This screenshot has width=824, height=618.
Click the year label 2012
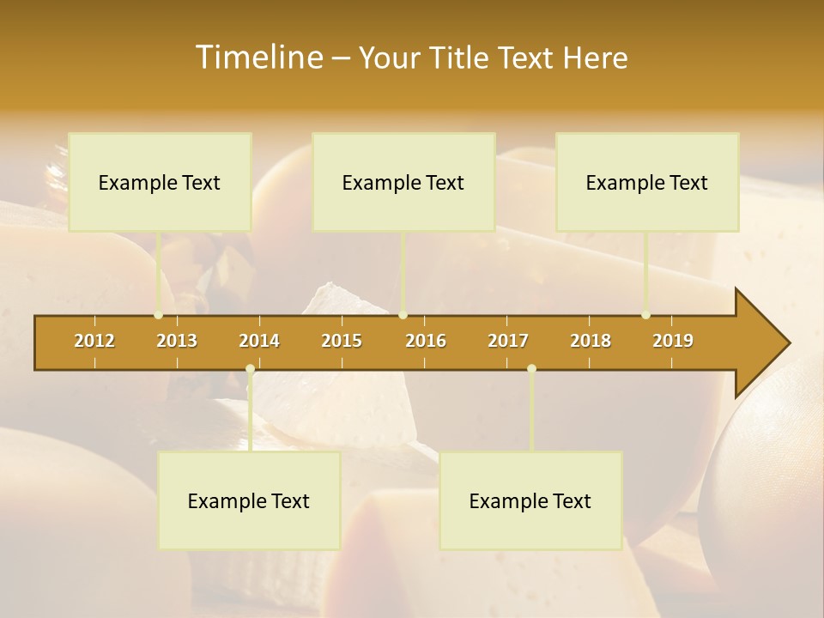click(94, 341)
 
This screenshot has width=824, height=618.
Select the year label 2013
click(177, 341)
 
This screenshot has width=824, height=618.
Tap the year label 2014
click(259, 341)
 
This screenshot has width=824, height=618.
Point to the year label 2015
click(342, 341)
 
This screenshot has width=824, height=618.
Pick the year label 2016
click(426, 341)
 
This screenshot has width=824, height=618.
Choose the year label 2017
click(508, 341)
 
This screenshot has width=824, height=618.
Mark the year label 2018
click(591, 341)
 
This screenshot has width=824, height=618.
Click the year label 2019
click(673, 341)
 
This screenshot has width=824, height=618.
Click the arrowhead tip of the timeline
click(788, 343)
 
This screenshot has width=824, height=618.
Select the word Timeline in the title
click(257, 58)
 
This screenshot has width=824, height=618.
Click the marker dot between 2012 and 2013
click(158, 315)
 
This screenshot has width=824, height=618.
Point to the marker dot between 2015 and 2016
click(403, 315)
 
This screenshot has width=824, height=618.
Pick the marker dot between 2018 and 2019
click(646, 315)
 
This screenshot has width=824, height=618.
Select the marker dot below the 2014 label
click(250, 369)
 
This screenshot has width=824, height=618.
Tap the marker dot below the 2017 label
click(531, 369)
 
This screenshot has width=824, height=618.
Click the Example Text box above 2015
click(403, 182)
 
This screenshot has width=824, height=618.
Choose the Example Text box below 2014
click(249, 500)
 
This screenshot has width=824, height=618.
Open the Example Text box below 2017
click(530, 500)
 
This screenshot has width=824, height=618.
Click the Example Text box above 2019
click(647, 182)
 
